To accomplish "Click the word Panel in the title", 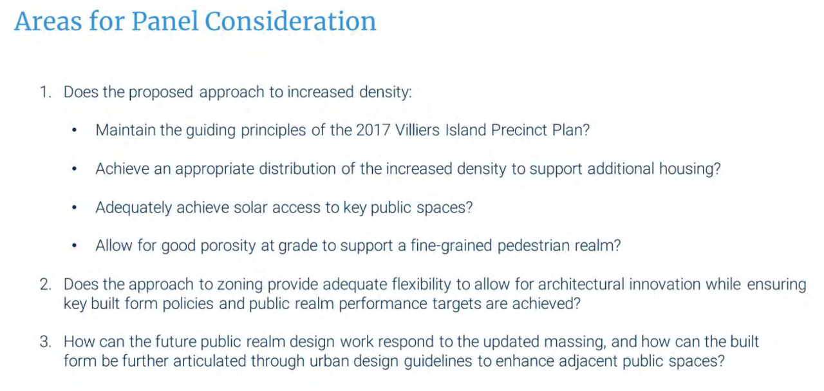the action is coord(165,21).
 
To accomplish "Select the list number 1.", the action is coord(46,92).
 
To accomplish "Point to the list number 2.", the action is coord(46,285).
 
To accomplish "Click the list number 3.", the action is coord(46,341).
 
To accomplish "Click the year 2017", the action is coord(373,130).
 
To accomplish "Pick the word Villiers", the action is coord(418,130).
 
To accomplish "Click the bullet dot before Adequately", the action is coord(74,207).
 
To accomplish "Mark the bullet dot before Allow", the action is coord(74,245).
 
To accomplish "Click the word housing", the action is coord(689,169).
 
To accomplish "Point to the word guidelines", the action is coord(438,361).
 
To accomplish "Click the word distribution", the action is coord(297,169).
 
